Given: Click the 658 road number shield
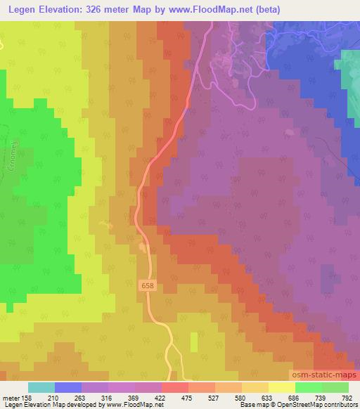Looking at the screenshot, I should pos(146,285).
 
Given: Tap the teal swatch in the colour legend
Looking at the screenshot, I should pos(41,387).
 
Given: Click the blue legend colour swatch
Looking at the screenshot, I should pos(67,387).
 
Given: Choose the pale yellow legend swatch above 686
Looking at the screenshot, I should pos(281,387).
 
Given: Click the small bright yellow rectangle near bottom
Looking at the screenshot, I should pos(194,342).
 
